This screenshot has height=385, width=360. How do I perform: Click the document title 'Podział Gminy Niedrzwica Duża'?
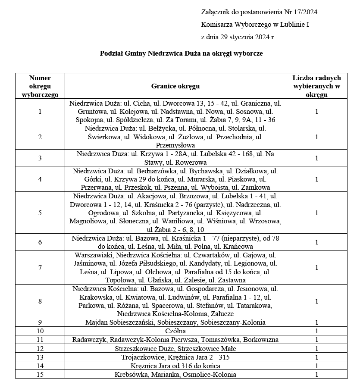181,54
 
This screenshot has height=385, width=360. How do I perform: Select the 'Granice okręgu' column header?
175,86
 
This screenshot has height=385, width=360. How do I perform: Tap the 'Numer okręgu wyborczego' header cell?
40,86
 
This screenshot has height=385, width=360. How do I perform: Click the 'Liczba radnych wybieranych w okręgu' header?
316,86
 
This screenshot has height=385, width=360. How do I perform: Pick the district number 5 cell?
40,213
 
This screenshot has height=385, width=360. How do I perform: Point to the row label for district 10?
40,331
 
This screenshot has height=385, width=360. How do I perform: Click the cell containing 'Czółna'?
175,331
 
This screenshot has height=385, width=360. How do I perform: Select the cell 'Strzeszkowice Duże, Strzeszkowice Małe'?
175,348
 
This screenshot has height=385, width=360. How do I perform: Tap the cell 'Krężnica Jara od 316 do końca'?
175,366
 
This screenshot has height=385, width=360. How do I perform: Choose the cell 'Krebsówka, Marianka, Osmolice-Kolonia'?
175,374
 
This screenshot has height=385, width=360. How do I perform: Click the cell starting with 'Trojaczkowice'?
175,357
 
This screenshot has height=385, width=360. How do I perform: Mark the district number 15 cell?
40,374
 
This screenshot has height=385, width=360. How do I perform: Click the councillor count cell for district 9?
316,322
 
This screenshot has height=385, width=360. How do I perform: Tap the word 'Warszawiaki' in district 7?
92,255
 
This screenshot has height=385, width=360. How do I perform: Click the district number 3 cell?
40,158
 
